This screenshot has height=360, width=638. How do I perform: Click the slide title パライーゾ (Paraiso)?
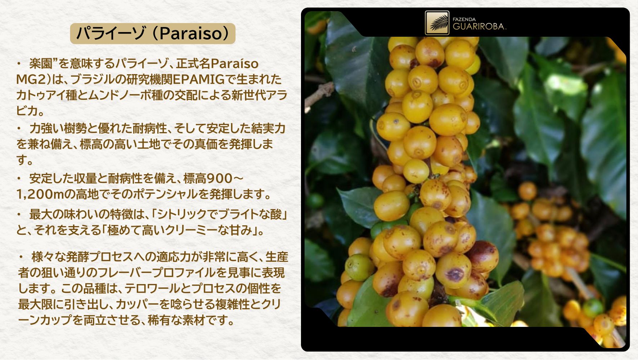tap(153, 33)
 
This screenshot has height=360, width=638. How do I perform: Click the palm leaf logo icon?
tap(437, 23)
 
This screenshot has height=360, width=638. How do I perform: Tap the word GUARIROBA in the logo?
tap(479, 26)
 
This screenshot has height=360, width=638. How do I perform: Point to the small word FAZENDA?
tap(464, 19)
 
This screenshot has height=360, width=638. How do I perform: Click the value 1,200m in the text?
tap(41, 194)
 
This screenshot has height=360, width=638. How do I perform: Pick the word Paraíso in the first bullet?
tap(234, 64)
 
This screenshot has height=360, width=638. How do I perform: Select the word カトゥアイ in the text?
tap(39, 95)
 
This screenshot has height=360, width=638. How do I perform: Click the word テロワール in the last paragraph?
tap(152, 288)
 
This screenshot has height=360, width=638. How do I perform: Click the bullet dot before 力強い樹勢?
tap(19, 128)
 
